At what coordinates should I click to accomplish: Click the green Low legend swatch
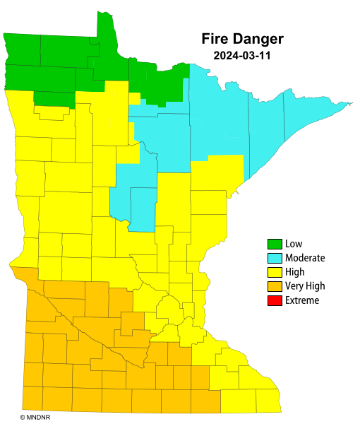(x=275, y=245)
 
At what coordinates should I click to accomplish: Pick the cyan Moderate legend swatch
(x=275, y=259)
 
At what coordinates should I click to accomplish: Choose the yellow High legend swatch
(x=275, y=272)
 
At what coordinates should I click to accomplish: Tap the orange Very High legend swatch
(x=275, y=286)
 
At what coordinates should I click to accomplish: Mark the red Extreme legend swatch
(x=275, y=300)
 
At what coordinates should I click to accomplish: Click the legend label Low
(x=294, y=245)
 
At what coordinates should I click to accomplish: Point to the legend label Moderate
(x=305, y=259)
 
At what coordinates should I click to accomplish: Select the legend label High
(x=295, y=272)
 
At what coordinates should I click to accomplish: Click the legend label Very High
(x=305, y=286)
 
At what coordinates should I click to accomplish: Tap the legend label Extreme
(x=302, y=300)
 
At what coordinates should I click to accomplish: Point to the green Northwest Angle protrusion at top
(x=105, y=25)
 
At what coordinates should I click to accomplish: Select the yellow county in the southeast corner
(x=268, y=401)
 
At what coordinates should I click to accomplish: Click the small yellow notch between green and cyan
(x=135, y=98)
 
